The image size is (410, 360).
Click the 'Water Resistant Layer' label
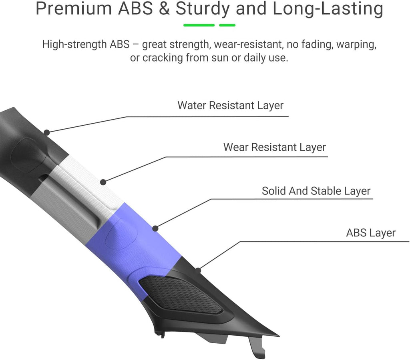(230, 106)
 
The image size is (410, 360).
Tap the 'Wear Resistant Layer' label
(275, 147)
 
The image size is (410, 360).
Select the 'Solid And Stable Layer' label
(316, 191)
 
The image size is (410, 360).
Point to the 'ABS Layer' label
(371, 233)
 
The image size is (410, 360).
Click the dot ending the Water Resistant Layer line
(46, 133)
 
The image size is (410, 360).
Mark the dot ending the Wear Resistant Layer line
(103, 182)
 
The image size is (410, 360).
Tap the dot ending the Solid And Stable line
(155, 228)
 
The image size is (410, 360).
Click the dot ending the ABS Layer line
(199, 270)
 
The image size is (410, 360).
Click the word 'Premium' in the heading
(74, 8)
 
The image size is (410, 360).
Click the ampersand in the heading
(164, 8)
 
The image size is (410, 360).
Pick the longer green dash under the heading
(199, 25)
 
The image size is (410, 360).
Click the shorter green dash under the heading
(227, 25)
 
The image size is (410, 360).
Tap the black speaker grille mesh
(181, 295)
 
